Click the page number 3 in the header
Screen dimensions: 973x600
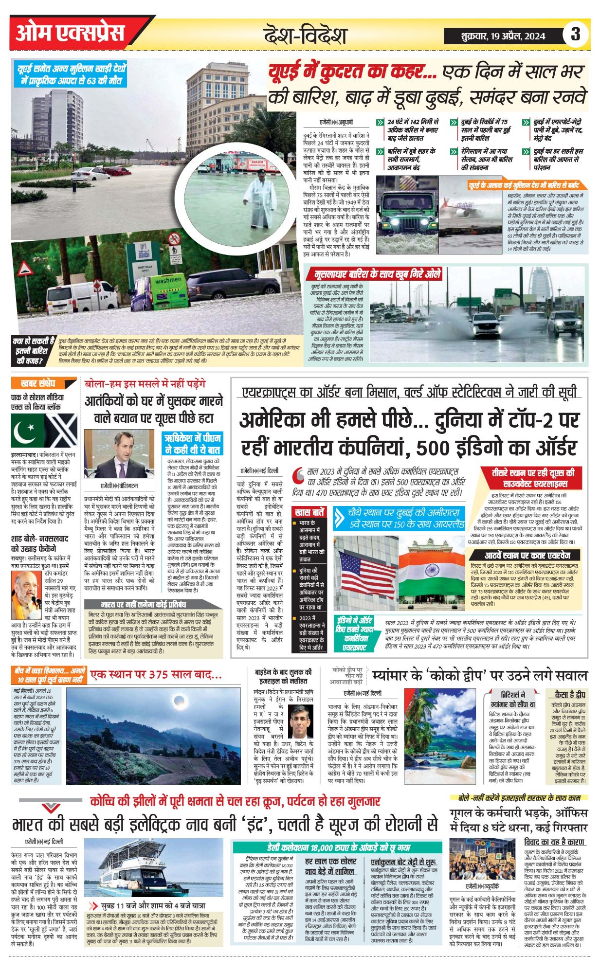pyautogui.click(x=576, y=35)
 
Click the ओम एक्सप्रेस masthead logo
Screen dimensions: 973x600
pyautogui.click(x=71, y=34)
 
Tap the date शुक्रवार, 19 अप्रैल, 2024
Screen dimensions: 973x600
pyautogui.click(x=503, y=36)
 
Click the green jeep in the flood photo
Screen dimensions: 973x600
pyautogui.click(x=407, y=210)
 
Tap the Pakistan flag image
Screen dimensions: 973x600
pyautogui.click(x=28, y=431)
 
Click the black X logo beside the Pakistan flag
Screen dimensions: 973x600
pyautogui.click(x=61, y=431)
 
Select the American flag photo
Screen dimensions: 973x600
pyautogui.click(x=364, y=567)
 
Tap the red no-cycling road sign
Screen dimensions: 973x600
pyautogui.click(x=174, y=239)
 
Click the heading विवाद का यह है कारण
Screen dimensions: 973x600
pyautogui.click(x=555, y=842)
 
